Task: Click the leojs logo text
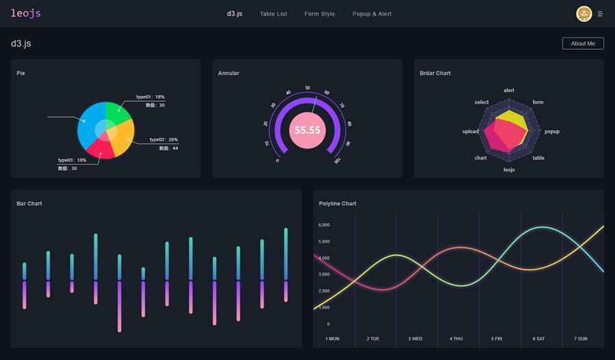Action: pyautogui.click(x=25, y=13)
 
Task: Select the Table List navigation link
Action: pyautogui.click(x=273, y=14)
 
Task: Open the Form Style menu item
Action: pyautogui.click(x=320, y=14)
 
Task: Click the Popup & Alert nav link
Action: pyautogui.click(x=372, y=14)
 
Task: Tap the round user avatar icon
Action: pyautogui.click(x=584, y=14)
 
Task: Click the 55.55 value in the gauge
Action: pyautogui.click(x=307, y=130)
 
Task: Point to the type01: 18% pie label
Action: pyautogui.click(x=150, y=97)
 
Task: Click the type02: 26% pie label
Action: pyautogui.click(x=164, y=139)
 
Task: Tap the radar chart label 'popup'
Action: pyautogui.click(x=552, y=131)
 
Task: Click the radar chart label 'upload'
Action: pyautogui.click(x=470, y=131)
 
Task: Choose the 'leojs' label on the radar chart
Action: pyautogui.click(x=509, y=169)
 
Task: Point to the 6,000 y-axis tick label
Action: pyautogui.click(x=324, y=225)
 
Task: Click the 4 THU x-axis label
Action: pyautogui.click(x=456, y=338)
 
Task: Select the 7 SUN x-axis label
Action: pyautogui.click(x=580, y=338)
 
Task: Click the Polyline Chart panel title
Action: pyautogui.click(x=338, y=204)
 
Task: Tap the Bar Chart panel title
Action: pyautogui.click(x=29, y=204)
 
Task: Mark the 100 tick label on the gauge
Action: pyautogui.click(x=338, y=161)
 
